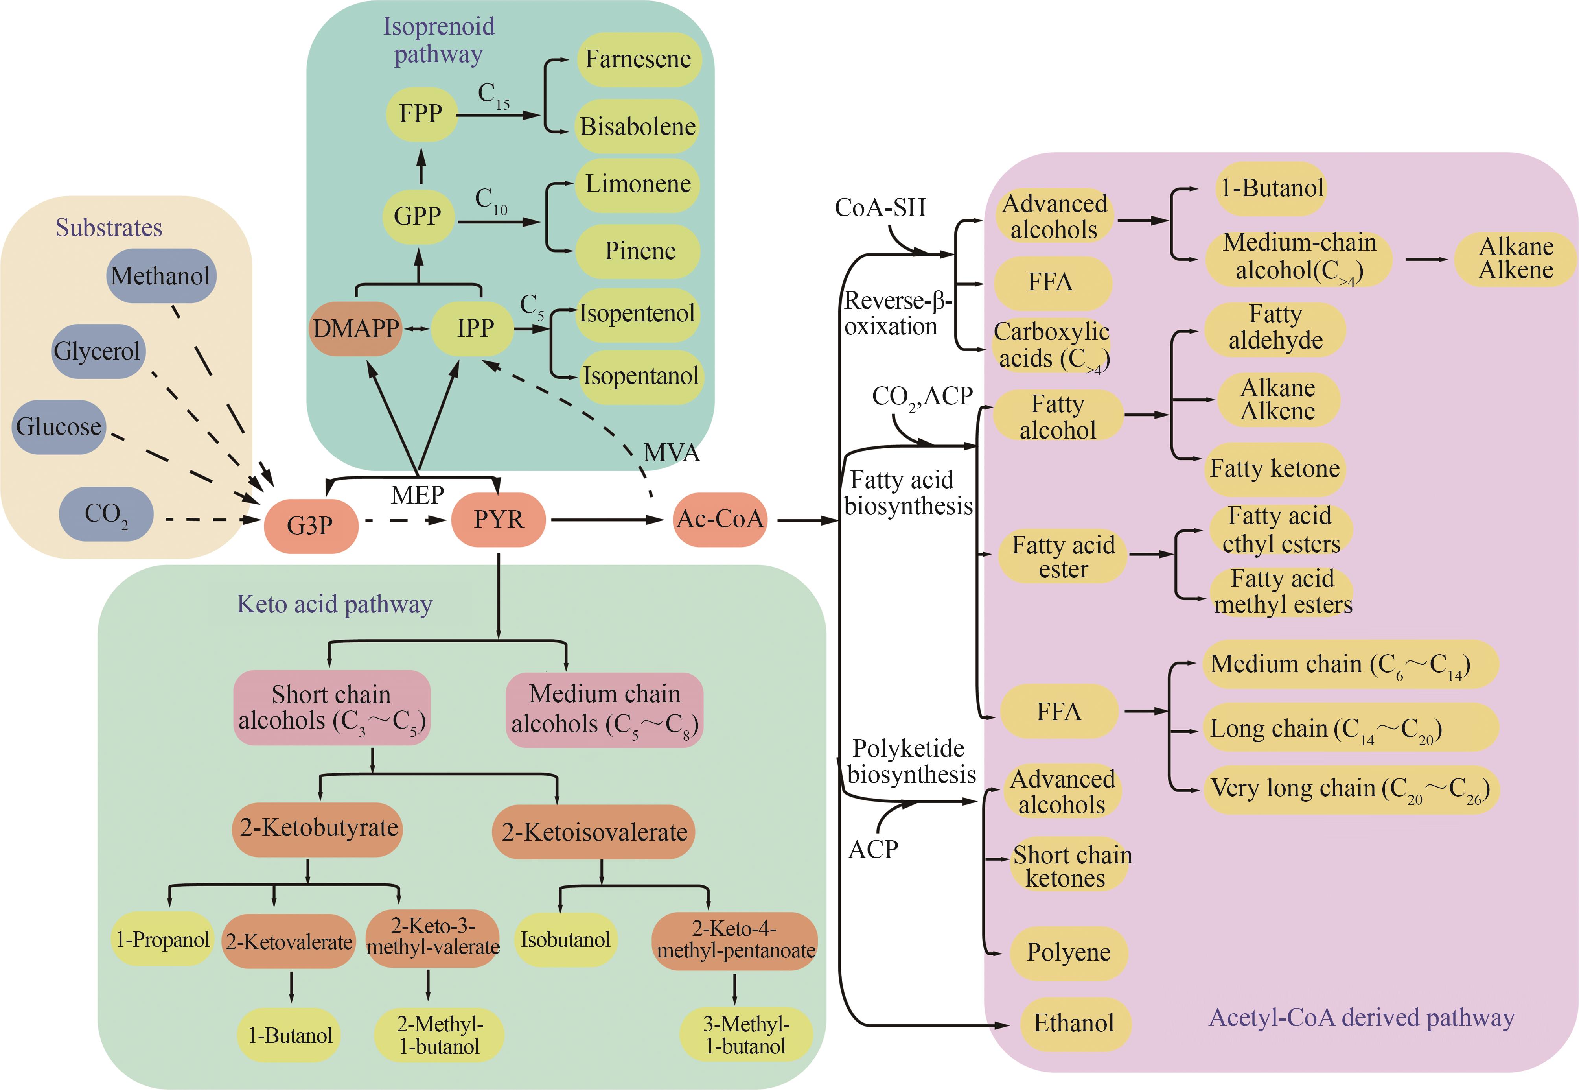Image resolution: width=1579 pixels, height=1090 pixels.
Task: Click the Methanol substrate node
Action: coord(161,276)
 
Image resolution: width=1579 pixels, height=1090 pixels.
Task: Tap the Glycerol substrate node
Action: coord(98,351)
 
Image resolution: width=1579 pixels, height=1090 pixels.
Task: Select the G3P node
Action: coord(311,525)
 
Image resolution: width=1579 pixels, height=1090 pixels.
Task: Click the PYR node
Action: coord(499,520)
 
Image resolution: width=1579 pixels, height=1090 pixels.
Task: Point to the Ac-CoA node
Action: coord(720,519)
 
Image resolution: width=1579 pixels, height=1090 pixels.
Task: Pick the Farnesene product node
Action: coord(638,59)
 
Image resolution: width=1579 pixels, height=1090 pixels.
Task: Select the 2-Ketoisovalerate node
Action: coord(594,832)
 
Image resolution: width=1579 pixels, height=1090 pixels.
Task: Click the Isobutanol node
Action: coord(565,940)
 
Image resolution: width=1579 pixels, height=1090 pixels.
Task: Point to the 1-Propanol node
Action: coord(162,940)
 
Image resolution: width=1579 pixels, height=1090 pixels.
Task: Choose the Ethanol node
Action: coord(1074,1023)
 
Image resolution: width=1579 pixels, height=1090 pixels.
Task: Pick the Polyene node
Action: coord(1068,952)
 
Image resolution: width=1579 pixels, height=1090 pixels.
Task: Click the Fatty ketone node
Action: coord(1275,468)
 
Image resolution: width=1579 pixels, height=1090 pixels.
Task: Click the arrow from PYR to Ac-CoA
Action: coord(607,520)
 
